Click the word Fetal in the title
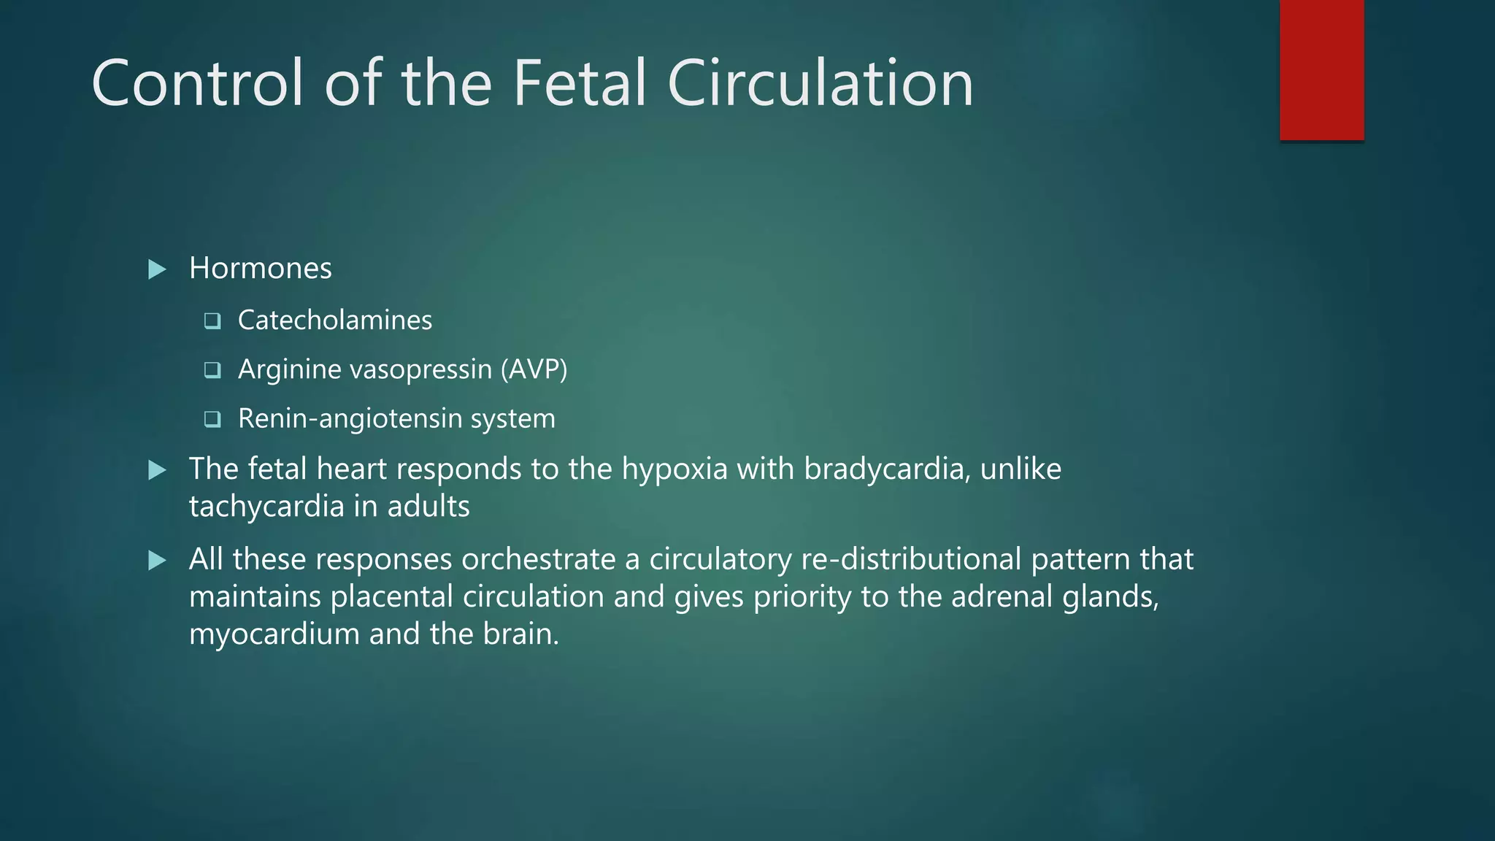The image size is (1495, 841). (580, 83)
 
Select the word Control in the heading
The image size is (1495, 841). (197, 83)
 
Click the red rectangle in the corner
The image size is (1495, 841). (1321, 70)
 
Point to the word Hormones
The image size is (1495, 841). (260, 269)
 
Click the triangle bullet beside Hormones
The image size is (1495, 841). (157, 269)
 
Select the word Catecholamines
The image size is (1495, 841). (335, 320)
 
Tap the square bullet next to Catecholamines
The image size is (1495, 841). (212, 321)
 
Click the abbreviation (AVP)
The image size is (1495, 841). (534, 369)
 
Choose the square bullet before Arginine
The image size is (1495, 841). (212, 370)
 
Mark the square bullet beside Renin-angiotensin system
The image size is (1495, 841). (212, 419)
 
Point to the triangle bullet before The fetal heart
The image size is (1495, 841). (157, 470)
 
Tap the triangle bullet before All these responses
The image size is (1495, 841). (157, 561)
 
